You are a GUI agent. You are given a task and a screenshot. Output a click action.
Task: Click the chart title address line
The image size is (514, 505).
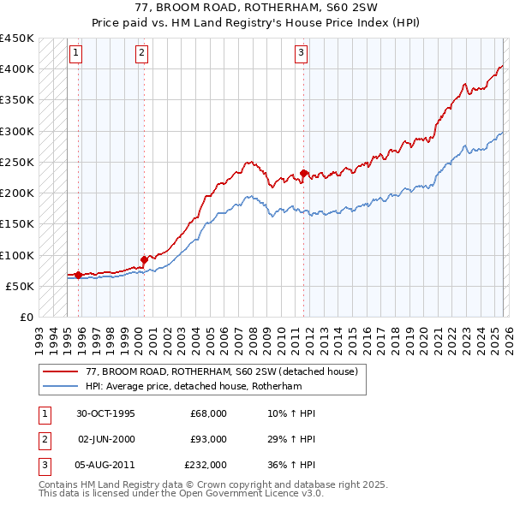(256, 8)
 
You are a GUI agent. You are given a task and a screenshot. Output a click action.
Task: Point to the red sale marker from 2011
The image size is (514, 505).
(304, 174)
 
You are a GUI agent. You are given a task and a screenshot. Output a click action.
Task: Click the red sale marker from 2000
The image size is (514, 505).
(144, 259)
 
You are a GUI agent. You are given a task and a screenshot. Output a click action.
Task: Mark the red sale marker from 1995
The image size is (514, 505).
(78, 275)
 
